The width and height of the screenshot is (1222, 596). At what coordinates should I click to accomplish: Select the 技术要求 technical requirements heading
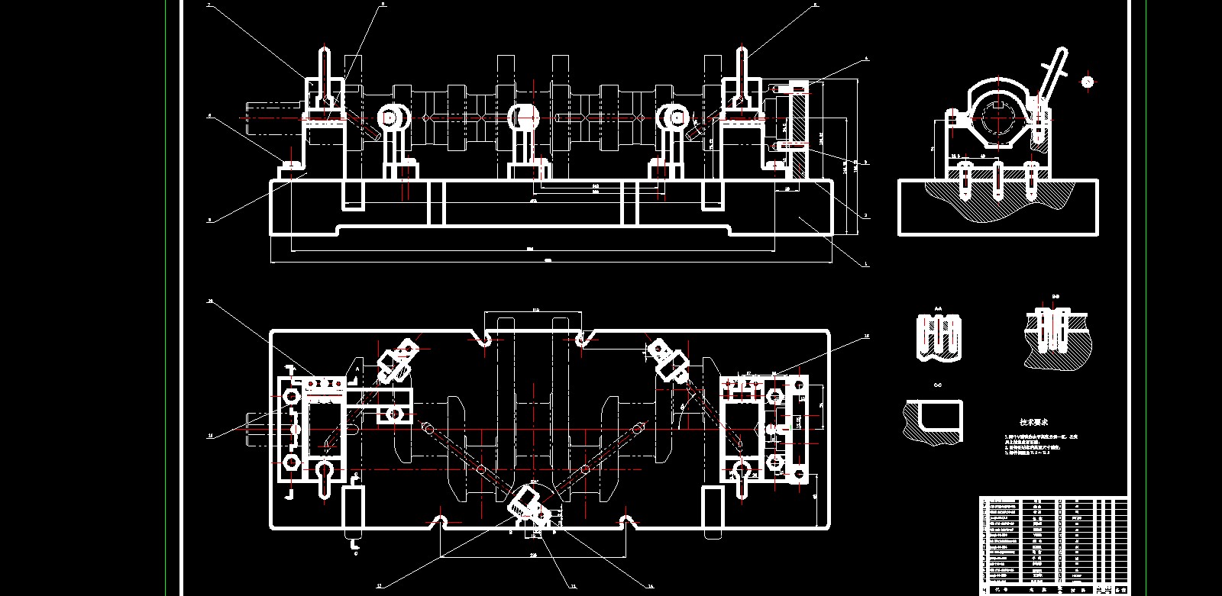(1033, 421)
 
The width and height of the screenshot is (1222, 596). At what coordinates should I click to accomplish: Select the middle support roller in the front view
(523, 118)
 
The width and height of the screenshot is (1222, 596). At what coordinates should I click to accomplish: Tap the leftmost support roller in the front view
(392, 118)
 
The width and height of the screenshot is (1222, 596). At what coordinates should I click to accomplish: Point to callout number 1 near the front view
(865, 265)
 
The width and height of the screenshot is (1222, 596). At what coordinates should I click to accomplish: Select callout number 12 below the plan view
(378, 587)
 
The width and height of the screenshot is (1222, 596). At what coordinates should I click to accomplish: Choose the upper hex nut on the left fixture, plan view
(291, 397)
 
